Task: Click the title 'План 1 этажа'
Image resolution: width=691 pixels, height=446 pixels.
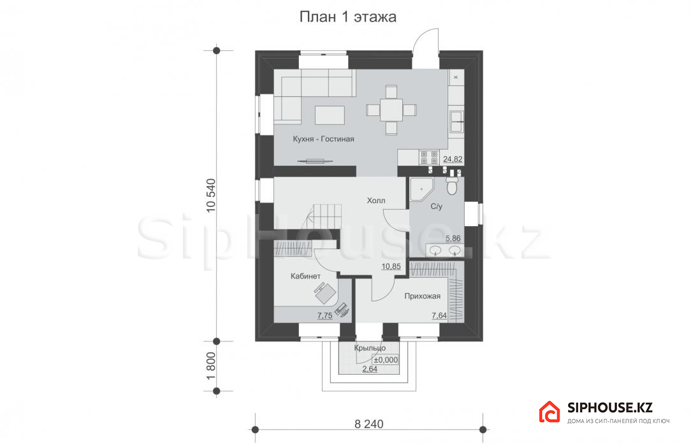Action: [x=347, y=17]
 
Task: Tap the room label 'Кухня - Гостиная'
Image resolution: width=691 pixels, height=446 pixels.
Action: [x=323, y=139]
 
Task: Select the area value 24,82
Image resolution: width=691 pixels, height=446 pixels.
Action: [x=453, y=159]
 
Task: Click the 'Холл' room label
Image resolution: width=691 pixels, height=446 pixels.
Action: [x=376, y=201]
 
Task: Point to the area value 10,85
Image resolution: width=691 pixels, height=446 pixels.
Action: [x=391, y=266]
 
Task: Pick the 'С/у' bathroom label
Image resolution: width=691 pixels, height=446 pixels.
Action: [x=436, y=206]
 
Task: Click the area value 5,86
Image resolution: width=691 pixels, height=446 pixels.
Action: [x=453, y=238]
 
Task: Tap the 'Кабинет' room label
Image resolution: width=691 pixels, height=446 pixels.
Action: [x=305, y=277]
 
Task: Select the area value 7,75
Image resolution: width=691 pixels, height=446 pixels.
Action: [x=325, y=315]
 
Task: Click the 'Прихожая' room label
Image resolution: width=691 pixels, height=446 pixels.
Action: [x=422, y=296]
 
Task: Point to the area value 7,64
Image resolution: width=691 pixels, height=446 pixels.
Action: [x=439, y=315]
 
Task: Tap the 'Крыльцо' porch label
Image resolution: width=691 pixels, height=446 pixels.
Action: [x=370, y=348]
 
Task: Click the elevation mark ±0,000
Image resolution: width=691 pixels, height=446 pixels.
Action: [x=386, y=360]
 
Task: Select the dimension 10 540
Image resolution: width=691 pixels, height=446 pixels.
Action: [x=211, y=196]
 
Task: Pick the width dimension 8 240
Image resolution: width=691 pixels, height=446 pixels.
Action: [x=369, y=424]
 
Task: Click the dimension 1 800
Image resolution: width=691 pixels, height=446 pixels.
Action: [x=211, y=366]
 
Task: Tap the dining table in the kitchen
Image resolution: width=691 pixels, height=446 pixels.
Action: [x=391, y=110]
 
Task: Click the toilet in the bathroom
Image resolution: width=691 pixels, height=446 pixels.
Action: [x=452, y=185]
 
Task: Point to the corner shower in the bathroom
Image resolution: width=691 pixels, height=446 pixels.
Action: [x=421, y=189]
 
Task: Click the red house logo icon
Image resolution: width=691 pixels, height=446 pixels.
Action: [x=549, y=412]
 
